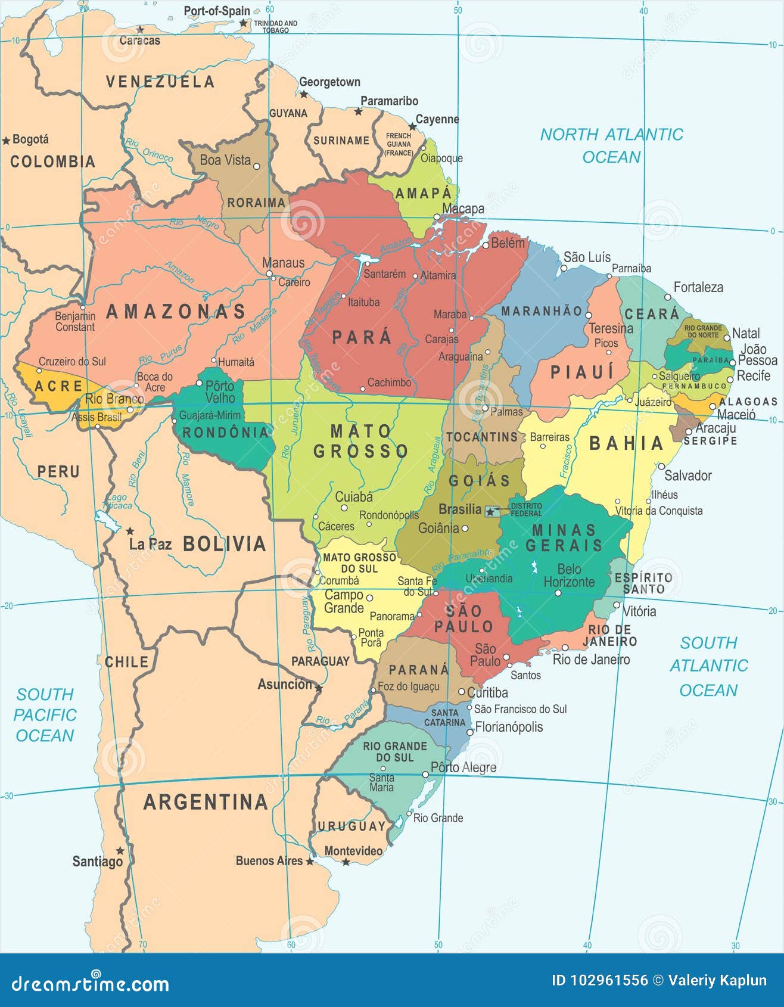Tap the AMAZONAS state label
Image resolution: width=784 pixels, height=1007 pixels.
(x=176, y=312)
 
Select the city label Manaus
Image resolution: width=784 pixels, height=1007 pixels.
(x=283, y=263)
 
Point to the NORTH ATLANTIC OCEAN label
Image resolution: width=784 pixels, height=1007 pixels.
(x=611, y=145)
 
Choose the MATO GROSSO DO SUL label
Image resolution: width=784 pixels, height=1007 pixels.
(x=359, y=562)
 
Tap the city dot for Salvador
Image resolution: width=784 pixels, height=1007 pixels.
(x=661, y=467)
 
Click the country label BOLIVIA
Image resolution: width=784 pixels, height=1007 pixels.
(x=224, y=543)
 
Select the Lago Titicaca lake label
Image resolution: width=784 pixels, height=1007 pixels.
(x=117, y=501)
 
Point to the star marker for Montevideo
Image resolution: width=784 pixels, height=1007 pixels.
(x=346, y=862)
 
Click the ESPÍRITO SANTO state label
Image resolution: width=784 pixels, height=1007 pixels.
(x=643, y=583)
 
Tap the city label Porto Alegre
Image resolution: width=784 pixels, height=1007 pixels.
(x=463, y=767)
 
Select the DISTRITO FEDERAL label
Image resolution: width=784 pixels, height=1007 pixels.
(x=526, y=509)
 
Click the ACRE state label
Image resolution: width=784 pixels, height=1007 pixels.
(x=58, y=386)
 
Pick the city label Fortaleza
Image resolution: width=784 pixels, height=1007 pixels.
(x=698, y=287)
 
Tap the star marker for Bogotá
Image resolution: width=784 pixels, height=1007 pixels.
(x=6, y=141)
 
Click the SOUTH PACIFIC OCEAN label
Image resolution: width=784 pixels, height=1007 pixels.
(x=45, y=714)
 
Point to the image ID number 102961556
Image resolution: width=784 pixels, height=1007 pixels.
(x=600, y=980)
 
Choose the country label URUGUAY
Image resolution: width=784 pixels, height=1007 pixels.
(x=351, y=826)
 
